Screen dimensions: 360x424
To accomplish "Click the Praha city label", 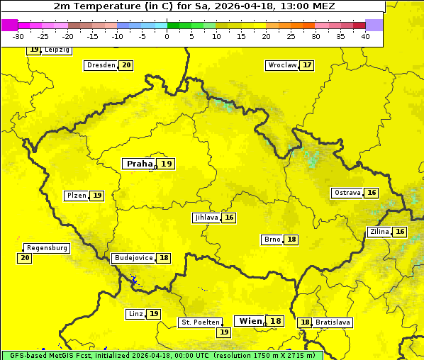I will (139, 164).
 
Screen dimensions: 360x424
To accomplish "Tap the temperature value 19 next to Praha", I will (166, 164).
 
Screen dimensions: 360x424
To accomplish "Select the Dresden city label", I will (101, 65).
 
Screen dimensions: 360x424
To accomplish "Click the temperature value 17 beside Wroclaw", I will (306, 65).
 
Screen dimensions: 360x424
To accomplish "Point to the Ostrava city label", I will (347, 193).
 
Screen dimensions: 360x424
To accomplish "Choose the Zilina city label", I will (379, 232).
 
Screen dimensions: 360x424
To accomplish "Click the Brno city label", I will (272, 240).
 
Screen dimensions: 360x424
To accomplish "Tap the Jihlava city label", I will (206, 218).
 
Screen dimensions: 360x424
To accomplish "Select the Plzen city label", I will (76, 196).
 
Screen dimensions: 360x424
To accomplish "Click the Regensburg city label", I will (47, 248).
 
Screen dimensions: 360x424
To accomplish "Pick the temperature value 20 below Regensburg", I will (25, 258).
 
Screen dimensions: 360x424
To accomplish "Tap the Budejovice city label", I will (133, 258).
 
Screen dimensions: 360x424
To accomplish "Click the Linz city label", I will (135, 314).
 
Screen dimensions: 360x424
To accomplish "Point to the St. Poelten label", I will (200, 322).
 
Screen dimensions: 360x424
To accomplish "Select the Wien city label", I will (250, 321).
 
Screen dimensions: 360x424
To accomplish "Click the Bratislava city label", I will (333, 322).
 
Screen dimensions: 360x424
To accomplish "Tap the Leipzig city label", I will (57, 50).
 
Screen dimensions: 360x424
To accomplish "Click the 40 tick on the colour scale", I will (365, 36).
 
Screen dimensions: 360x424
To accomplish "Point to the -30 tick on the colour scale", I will (18, 36).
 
